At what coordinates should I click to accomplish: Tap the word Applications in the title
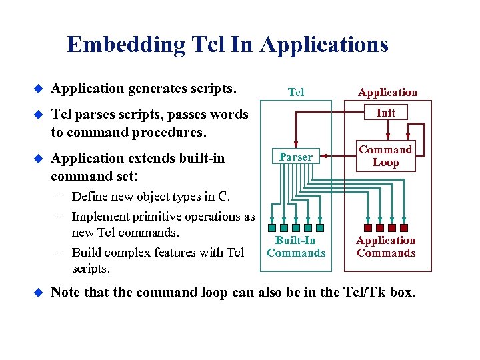[x=324, y=45]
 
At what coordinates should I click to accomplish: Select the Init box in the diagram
[x=385, y=113]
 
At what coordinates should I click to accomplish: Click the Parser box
[x=295, y=157]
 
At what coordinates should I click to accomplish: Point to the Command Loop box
[x=385, y=156]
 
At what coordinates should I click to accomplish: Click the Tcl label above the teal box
[x=295, y=92]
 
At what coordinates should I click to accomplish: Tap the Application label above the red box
[x=387, y=92]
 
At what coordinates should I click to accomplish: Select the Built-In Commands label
[x=296, y=247]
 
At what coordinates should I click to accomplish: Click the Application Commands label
[x=385, y=247]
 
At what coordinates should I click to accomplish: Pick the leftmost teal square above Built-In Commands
[x=271, y=227]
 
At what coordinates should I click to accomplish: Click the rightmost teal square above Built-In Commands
[x=319, y=227]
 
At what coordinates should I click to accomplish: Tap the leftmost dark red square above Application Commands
[x=368, y=227]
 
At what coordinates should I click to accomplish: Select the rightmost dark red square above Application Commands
[x=404, y=227]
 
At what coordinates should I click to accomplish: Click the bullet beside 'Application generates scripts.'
[x=38, y=88]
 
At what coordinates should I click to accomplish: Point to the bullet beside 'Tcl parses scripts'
[x=38, y=115]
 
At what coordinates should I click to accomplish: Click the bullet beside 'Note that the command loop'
[x=38, y=293]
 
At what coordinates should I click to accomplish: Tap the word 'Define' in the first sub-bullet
[x=89, y=196]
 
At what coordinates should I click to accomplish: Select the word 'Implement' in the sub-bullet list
[x=99, y=216]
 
